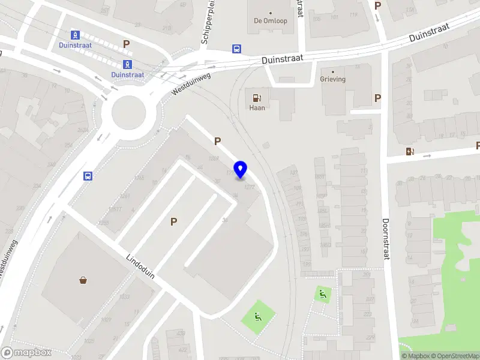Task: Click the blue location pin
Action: pos(241,170)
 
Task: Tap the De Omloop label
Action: pos(271,21)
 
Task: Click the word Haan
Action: pos(257,108)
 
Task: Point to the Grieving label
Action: pos(332,79)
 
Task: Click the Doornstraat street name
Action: pos(386,238)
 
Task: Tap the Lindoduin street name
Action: pos(140,266)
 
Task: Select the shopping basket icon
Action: pos(83,279)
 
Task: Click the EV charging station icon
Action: pos(410,152)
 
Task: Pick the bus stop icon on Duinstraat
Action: pos(237,49)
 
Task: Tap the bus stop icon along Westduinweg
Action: pos(88,176)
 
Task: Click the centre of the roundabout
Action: pos(129,112)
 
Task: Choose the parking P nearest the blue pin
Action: pos(218,142)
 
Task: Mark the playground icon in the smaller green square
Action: pos(323,293)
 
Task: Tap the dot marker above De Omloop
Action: pos(271,13)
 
